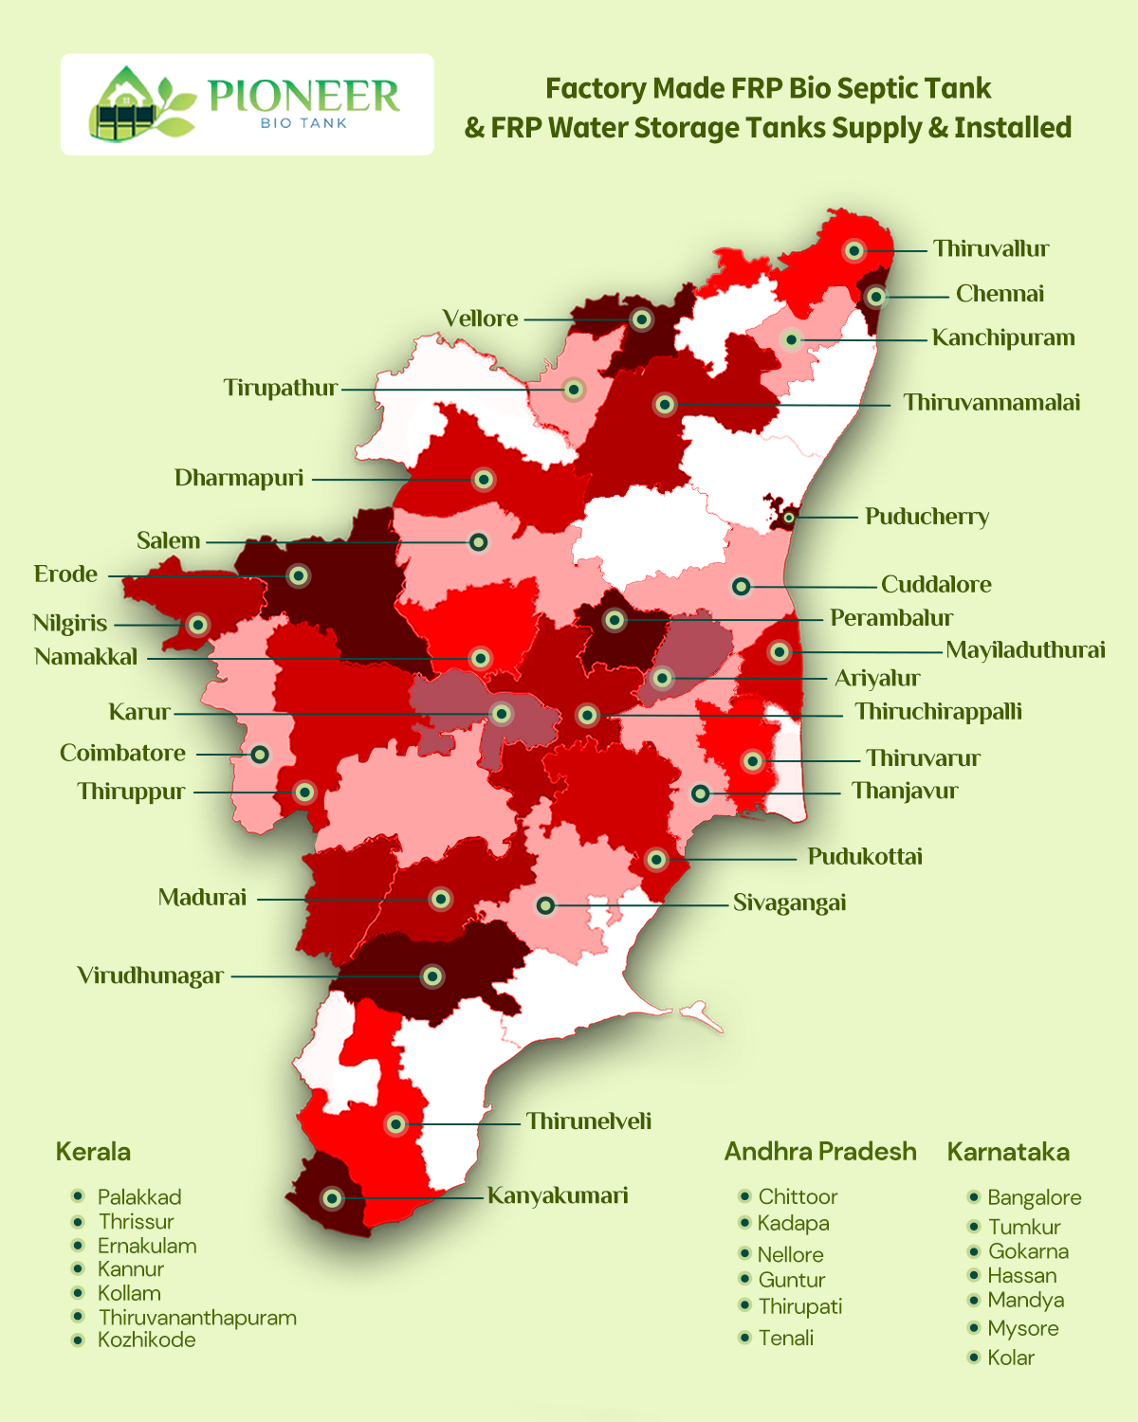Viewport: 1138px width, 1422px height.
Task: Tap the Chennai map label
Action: tap(1000, 294)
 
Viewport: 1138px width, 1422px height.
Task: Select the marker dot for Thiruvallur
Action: tap(853, 250)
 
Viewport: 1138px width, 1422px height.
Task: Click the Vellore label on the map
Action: tap(480, 319)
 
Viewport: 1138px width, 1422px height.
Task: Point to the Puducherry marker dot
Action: tap(788, 518)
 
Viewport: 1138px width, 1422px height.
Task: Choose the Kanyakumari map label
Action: tap(558, 1195)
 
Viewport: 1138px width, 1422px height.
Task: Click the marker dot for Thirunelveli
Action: tap(395, 1124)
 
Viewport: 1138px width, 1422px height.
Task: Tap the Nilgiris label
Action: tap(70, 624)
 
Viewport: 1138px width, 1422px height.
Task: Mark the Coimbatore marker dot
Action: tap(259, 755)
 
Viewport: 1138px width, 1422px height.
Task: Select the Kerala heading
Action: tap(93, 1152)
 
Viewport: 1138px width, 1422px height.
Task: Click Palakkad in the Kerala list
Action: tap(139, 1197)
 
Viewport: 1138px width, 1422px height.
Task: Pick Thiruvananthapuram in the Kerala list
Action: tap(197, 1318)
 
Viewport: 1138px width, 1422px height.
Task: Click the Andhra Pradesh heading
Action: tap(820, 1152)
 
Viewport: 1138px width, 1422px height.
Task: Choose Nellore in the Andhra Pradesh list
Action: tap(791, 1255)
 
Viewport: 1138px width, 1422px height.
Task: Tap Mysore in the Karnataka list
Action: tap(1022, 1328)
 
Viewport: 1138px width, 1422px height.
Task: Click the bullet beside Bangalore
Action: tap(973, 1197)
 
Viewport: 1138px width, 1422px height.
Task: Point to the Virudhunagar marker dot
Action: tap(431, 975)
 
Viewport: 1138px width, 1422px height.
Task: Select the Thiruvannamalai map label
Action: tap(991, 403)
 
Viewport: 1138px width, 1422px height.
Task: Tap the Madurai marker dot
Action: tap(440, 898)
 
